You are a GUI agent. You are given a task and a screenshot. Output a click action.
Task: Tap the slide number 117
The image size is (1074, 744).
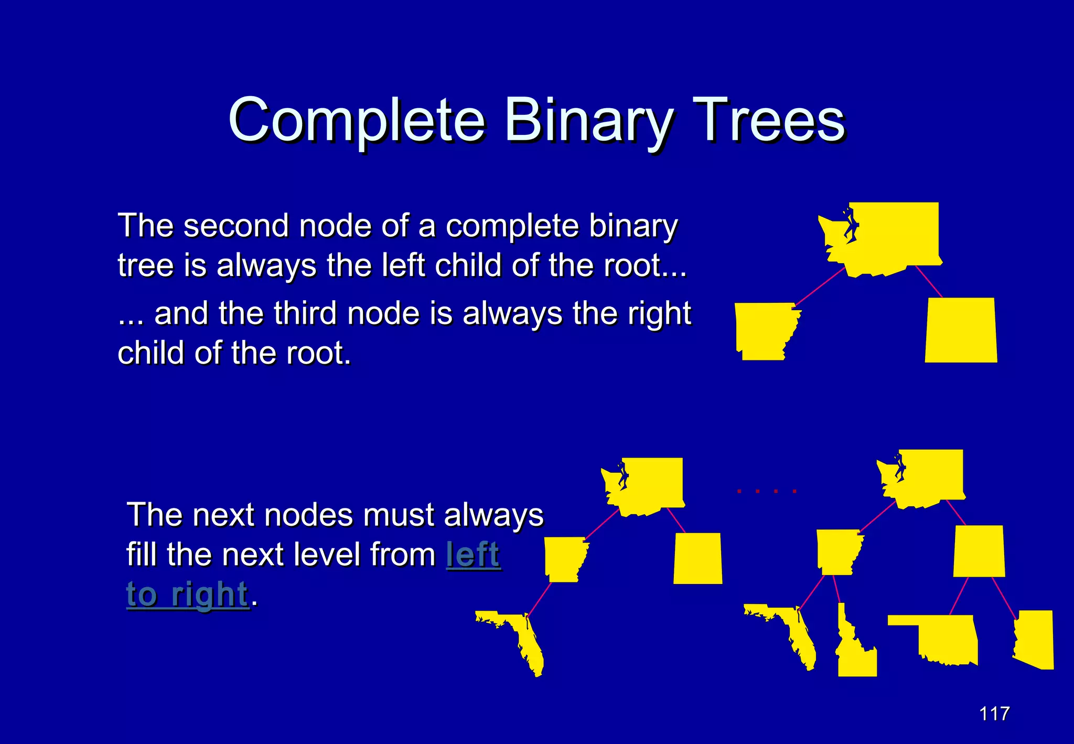coord(994,714)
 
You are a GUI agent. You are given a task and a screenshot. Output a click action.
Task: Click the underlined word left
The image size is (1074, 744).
coord(474,555)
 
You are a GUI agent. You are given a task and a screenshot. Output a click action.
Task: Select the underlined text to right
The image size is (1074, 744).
coord(187,594)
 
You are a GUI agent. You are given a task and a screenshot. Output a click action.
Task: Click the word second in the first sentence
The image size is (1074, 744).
coord(236,226)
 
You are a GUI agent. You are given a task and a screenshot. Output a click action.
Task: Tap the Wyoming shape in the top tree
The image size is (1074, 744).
coord(961,331)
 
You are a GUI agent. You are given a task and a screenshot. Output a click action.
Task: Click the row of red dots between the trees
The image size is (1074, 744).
coord(766,491)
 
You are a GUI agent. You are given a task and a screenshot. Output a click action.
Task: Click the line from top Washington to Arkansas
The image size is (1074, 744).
coord(820,286)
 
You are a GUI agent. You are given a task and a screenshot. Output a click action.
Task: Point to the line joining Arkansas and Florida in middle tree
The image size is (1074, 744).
coord(539,599)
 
